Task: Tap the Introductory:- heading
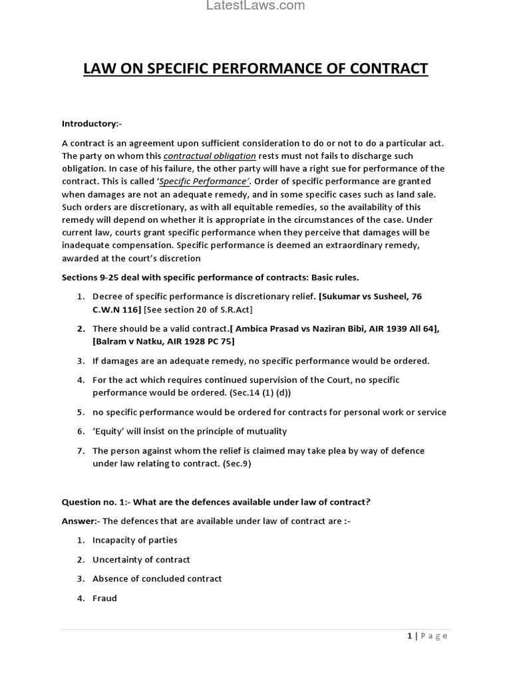tap(92, 124)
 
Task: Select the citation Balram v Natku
tap(132, 341)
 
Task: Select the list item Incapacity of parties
tap(135, 540)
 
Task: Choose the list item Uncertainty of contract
tap(141, 559)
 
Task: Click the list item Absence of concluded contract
tap(157, 579)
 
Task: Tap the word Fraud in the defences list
tap(104, 598)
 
